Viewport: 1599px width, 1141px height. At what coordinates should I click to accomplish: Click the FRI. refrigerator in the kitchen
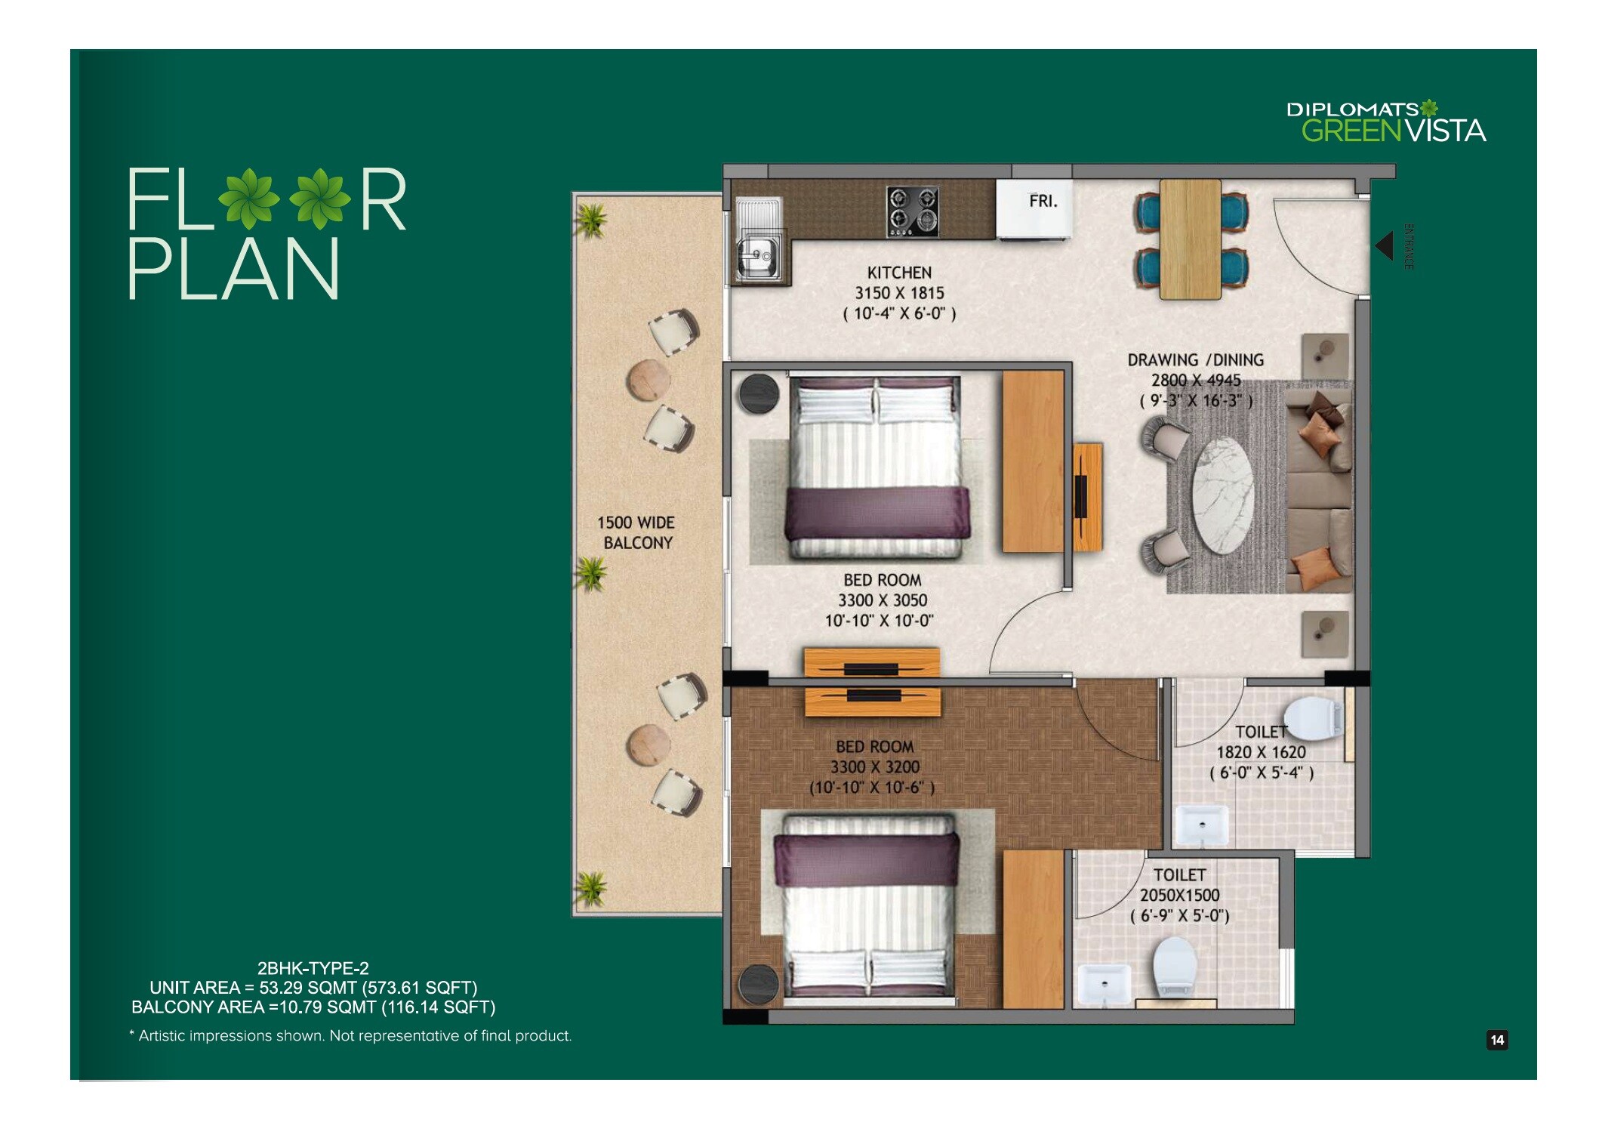[x=1034, y=208]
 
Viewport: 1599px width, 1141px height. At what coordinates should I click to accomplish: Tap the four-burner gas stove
[x=912, y=211]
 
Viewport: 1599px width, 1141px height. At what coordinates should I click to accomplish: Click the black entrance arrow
[x=1384, y=246]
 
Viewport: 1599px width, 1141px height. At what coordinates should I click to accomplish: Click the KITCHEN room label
[x=898, y=273]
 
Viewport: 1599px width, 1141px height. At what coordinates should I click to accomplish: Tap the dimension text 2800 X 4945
[x=1195, y=381]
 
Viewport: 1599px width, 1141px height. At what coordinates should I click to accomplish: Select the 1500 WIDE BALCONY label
[x=636, y=532]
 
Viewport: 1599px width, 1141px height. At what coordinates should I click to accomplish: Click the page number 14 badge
[x=1496, y=1040]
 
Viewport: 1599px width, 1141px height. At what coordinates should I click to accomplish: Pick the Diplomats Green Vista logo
[x=1385, y=123]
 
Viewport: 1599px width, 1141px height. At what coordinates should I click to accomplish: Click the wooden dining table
[x=1190, y=239]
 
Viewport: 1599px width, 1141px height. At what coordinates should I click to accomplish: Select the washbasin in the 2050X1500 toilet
[x=1104, y=984]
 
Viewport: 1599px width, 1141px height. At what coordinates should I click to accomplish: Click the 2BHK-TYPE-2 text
[x=313, y=968]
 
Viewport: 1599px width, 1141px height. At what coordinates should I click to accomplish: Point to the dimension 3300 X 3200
[x=874, y=767]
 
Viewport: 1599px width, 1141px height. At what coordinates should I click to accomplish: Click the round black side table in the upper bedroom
[x=759, y=393]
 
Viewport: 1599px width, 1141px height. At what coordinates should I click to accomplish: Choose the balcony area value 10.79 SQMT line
[x=313, y=1007]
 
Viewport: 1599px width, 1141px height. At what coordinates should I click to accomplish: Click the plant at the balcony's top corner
[x=590, y=220]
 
